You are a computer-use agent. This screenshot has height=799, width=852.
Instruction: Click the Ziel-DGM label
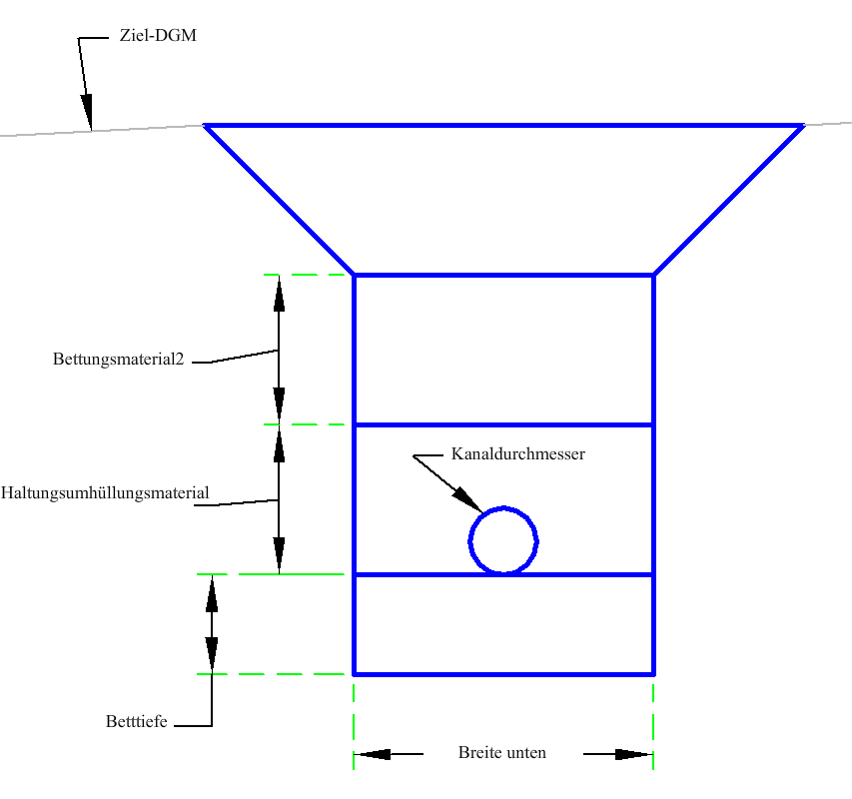pyautogui.click(x=158, y=35)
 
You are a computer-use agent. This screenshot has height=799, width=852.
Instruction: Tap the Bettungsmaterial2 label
pyautogui.click(x=119, y=359)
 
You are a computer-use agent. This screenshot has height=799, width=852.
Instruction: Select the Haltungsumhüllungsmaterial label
pyautogui.click(x=105, y=493)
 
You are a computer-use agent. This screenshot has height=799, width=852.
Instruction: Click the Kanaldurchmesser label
pyautogui.click(x=517, y=453)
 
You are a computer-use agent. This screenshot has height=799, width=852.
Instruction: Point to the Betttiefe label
pyautogui.click(x=137, y=721)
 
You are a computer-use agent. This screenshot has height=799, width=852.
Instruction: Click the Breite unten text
pyautogui.click(x=502, y=752)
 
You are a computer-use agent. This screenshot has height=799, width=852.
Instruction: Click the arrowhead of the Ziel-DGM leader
pyautogui.click(x=87, y=113)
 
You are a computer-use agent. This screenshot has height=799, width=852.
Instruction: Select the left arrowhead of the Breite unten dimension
pyautogui.click(x=372, y=754)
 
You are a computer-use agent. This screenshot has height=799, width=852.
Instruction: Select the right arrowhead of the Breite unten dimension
pyautogui.click(x=634, y=754)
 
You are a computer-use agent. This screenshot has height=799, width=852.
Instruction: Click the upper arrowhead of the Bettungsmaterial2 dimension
pyautogui.click(x=280, y=294)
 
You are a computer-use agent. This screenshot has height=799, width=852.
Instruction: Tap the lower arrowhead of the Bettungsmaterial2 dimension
pyautogui.click(x=280, y=405)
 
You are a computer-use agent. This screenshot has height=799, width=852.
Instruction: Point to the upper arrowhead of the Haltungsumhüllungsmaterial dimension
pyautogui.click(x=280, y=443)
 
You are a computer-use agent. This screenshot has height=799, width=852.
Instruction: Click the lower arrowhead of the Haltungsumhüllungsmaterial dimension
pyautogui.click(x=280, y=555)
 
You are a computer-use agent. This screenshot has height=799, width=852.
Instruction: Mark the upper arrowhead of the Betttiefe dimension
pyautogui.click(x=212, y=593)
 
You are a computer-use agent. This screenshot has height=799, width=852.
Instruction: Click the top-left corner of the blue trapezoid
pyautogui.click(x=205, y=126)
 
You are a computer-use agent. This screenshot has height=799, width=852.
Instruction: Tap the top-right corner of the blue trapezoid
pyautogui.click(x=803, y=126)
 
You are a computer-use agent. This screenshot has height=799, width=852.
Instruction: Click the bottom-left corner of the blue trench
pyautogui.click(x=354, y=674)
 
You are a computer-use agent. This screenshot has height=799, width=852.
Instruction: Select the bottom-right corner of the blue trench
pyautogui.click(x=653, y=674)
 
